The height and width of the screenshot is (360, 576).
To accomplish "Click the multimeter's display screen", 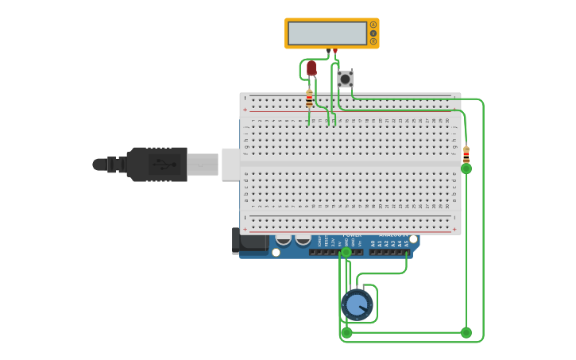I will [x=327, y=33].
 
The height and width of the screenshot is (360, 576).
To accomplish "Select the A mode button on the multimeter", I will [x=373, y=25].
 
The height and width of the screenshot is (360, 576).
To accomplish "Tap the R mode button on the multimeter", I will [x=373, y=41].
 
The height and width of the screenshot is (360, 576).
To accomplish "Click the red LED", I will [x=311, y=68].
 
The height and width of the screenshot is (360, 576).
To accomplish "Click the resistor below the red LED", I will [x=309, y=99].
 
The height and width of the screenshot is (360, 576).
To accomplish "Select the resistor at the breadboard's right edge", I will [x=466, y=153].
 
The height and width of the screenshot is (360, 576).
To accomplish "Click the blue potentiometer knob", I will [x=357, y=304].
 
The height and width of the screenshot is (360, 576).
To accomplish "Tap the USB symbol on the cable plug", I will [x=164, y=165].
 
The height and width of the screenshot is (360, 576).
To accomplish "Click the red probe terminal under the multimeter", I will [x=335, y=51].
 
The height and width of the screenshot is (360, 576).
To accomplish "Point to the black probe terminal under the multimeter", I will [x=328, y=51].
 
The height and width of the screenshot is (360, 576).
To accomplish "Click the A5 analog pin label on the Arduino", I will [x=406, y=243].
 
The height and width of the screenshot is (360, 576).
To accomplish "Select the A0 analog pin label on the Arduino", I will [x=372, y=243].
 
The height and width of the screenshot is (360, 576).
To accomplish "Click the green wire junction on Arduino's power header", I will [x=346, y=252].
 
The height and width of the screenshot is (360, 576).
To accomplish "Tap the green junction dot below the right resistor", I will [x=466, y=168].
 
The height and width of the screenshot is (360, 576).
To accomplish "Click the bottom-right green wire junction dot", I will [x=466, y=332].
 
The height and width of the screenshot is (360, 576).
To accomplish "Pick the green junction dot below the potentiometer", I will [x=346, y=332].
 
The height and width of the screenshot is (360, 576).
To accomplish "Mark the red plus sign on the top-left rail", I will [x=245, y=109].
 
